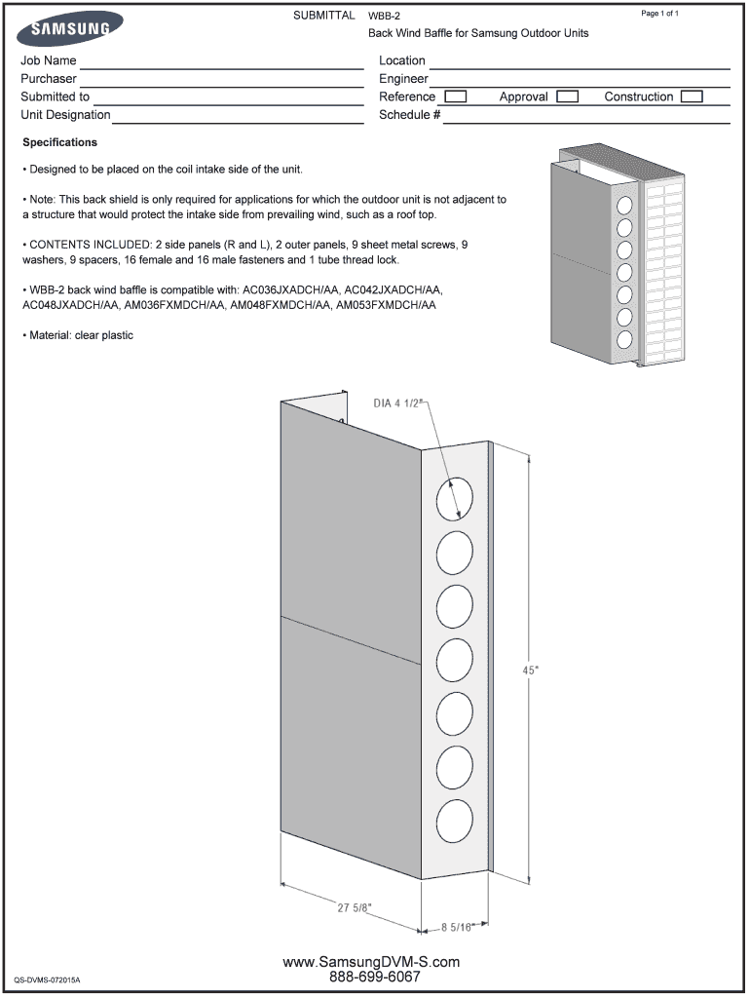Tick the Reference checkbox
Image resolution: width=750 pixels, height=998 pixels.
coord(455,96)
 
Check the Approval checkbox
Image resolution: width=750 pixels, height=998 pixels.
coord(567,96)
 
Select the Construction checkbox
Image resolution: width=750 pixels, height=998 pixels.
coord(692,96)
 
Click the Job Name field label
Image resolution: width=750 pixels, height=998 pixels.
coord(49,60)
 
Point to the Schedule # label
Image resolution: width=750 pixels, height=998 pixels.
coord(409,115)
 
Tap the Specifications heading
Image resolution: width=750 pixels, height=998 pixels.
coord(59,142)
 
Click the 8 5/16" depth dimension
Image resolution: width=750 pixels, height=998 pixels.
coord(457,927)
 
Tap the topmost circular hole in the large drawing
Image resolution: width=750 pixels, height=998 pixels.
coord(454,498)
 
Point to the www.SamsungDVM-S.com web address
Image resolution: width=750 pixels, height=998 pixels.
coord(371,962)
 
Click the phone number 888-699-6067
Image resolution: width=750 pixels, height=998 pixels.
coord(375,977)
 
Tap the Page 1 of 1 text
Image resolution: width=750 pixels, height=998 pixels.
coord(659,14)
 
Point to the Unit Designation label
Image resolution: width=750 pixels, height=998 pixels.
coord(65,115)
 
